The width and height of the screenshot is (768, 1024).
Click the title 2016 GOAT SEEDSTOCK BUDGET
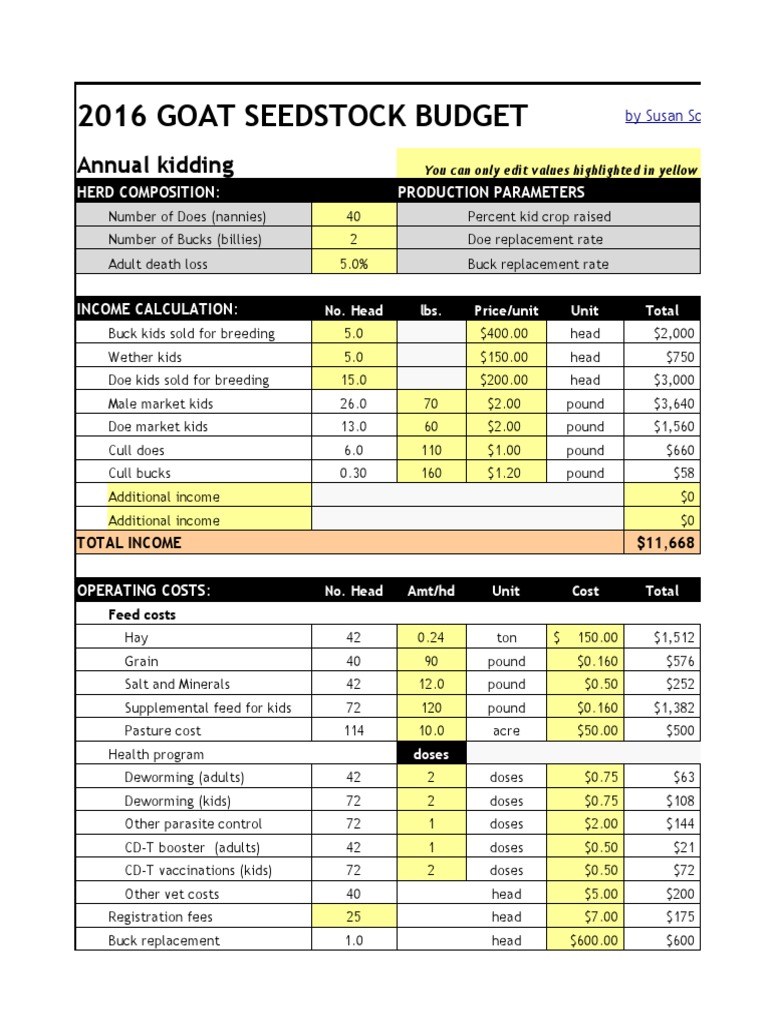click(302, 117)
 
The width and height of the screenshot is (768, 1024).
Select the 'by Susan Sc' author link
click(662, 116)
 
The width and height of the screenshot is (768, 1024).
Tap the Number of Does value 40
click(354, 216)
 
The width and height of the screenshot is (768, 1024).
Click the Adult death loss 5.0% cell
click(354, 264)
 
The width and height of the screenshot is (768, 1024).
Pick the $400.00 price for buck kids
click(506, 333)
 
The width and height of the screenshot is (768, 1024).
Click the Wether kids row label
click(145, 357)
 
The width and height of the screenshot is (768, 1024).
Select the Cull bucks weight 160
click(432, 473)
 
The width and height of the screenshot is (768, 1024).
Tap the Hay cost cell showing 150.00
click(585, 637)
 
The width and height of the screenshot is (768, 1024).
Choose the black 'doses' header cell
click(431, 754)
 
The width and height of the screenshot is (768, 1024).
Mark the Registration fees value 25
click(354, 917)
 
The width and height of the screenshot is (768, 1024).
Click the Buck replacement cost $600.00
click(585, 940)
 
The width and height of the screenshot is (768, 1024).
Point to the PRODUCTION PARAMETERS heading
click(491, 192)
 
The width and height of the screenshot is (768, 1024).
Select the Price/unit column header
click(506, 310)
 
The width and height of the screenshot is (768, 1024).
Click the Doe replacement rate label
click(535, 240)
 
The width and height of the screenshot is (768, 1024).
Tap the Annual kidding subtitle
click(155, 165)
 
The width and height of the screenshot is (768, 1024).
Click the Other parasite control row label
click(193, 824)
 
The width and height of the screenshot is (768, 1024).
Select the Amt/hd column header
click(431, 591)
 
